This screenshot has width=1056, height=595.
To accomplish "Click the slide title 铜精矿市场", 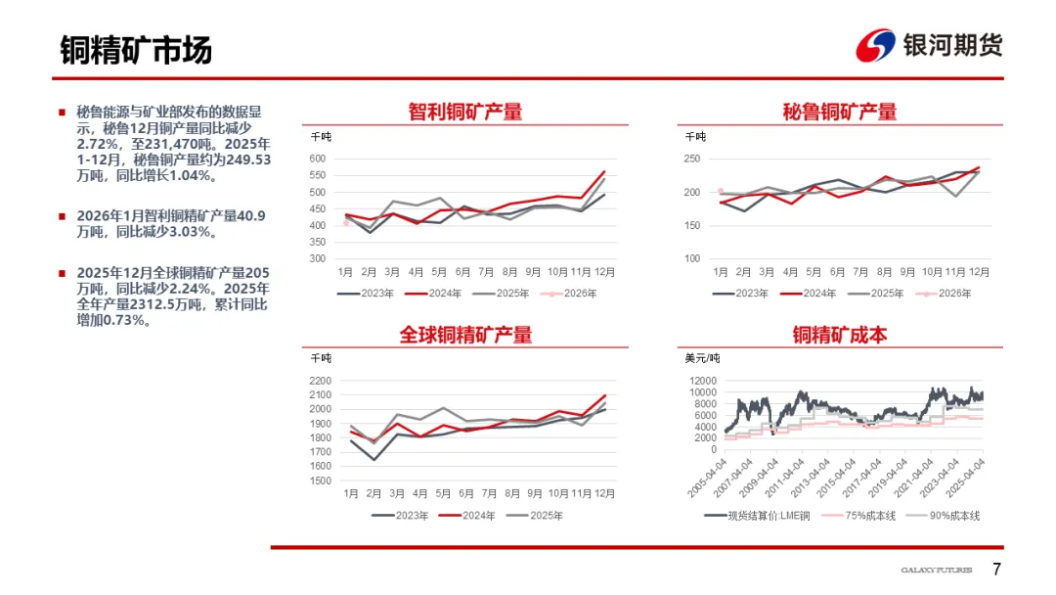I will point(135,49).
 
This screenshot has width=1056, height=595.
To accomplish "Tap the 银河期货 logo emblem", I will point(875,45).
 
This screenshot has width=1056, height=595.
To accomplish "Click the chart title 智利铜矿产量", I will point(464,112).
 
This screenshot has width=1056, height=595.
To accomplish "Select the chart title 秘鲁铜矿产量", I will point(840,112).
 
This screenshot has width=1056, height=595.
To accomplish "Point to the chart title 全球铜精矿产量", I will point(464,335).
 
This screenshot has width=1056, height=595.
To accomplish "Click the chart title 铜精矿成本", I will point(840,335).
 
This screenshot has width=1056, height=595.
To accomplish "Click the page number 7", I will point(996,570).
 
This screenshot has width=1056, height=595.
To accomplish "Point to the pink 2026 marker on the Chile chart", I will point(346,223).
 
